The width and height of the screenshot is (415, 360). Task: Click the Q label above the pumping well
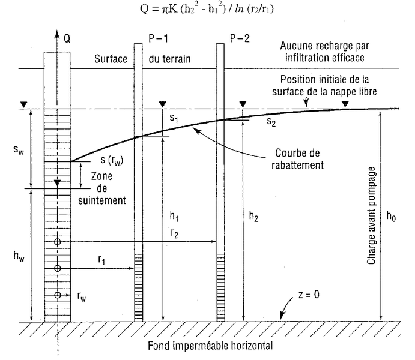click(x=67, y=39)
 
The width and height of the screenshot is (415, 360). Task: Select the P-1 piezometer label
click(x=159, y=39)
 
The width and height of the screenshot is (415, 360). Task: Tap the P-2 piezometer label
click(x=240, y=39)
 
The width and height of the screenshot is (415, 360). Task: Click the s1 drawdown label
click(x=174, y=118)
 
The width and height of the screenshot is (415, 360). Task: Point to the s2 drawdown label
click(x=271, y=122)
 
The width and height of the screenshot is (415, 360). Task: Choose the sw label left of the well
click(x=19, y=151)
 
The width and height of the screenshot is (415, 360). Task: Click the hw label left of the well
click(x=19, y=256)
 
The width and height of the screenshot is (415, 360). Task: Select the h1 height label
click(x=174, y=217)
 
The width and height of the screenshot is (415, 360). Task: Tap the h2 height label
click(x=254, y=217)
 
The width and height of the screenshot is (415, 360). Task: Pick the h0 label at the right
click(x=391, y=216)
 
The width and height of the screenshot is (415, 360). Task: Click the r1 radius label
click(x=101, y=260)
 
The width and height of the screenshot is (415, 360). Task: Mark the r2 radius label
click(x=175, y=233)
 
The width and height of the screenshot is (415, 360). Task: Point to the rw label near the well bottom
click(x=82, y=297)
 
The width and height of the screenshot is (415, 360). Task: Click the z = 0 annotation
click(x=309, y=295)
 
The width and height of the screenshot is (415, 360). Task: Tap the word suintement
click(x=102, y=200)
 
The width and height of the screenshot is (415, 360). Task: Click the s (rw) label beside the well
click(x=112, y=160)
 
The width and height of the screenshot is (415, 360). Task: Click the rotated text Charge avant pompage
click(x=371, y=215)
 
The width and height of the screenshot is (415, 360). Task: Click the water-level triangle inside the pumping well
click(x=58, y=182)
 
